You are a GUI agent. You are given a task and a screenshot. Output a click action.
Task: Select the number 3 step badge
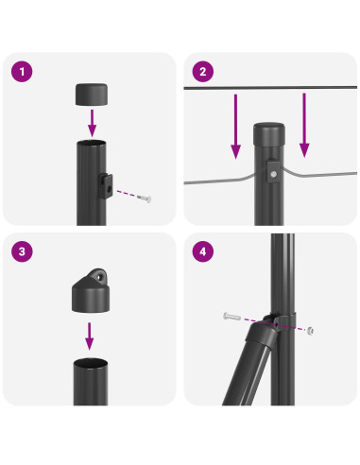(x=22, y=252)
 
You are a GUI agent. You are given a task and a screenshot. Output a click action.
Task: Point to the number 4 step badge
(x=202, y=252)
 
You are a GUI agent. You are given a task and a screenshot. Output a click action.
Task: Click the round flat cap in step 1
(x=92, y=93)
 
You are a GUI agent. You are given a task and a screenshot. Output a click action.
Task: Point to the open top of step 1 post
(x=92, y=144)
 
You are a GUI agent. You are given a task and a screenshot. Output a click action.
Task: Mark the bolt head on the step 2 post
(x=273, y=173)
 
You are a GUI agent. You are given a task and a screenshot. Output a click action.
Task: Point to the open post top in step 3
(x=92, y=364)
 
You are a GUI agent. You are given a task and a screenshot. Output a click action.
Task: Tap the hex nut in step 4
(x=311, y=331)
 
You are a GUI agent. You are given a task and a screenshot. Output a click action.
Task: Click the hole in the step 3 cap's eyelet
(x=92, y=278)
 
